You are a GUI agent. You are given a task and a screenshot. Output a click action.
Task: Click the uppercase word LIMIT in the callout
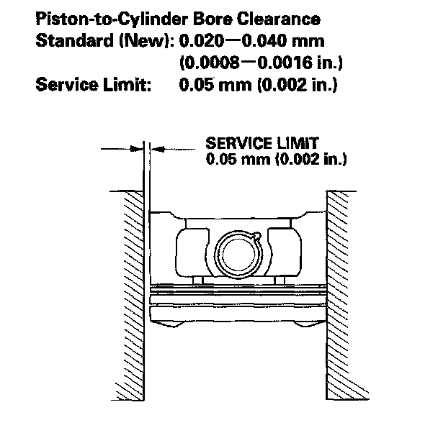pos(300,142)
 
